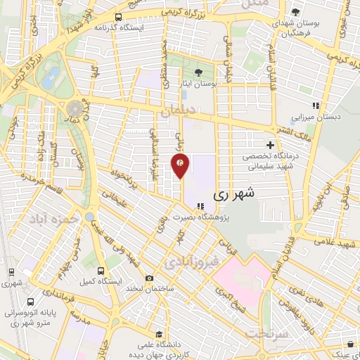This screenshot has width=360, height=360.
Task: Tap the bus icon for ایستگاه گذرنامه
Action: click(117, 17)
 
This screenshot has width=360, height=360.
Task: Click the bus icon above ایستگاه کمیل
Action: click(101, 270)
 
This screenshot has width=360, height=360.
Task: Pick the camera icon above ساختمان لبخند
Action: click(149, 278)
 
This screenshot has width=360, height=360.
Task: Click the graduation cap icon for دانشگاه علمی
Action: click(160, 335)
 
